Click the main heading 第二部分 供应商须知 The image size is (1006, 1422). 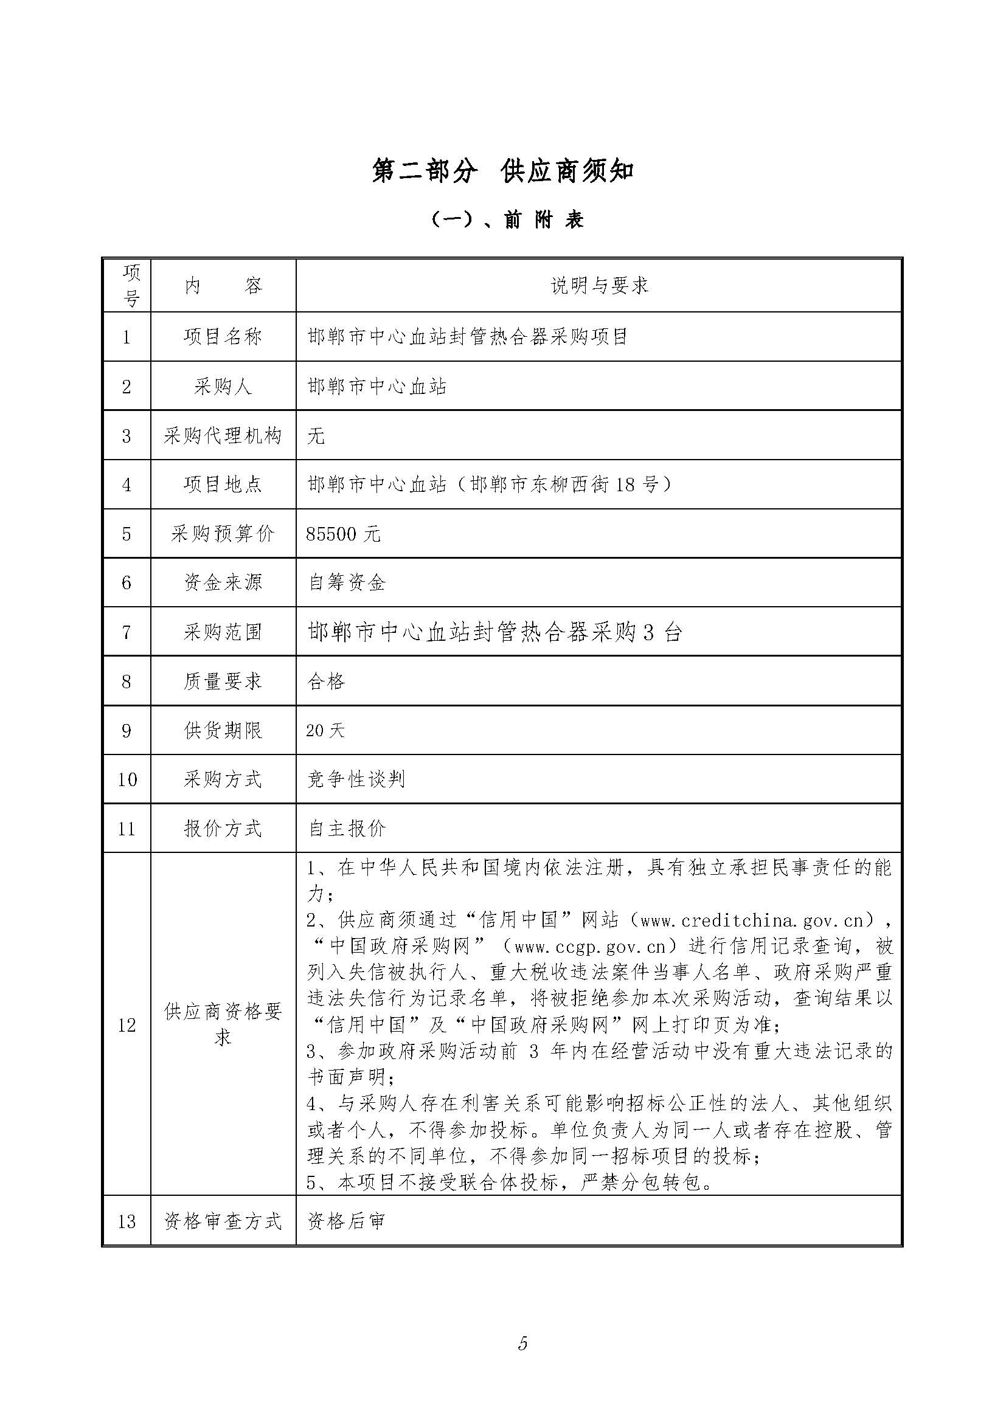[502, 171]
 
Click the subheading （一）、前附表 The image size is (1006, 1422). [506, 220]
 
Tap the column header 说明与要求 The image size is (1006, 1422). [599, 286]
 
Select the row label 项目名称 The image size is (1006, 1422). [223, 337]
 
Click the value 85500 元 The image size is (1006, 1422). [343, 534]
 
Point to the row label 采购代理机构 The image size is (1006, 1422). [223, 436]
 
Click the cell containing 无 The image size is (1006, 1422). [316, 436]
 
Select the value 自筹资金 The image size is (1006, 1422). [347, 583]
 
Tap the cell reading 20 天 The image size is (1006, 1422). [325, 731]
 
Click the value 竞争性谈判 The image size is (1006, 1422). [356, 780]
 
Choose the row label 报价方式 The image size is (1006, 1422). [223, 829]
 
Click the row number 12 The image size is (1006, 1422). [127, 1026]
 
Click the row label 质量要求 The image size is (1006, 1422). [223, 682]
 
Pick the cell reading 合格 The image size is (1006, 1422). [326, 682]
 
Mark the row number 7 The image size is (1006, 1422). [127, 632]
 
